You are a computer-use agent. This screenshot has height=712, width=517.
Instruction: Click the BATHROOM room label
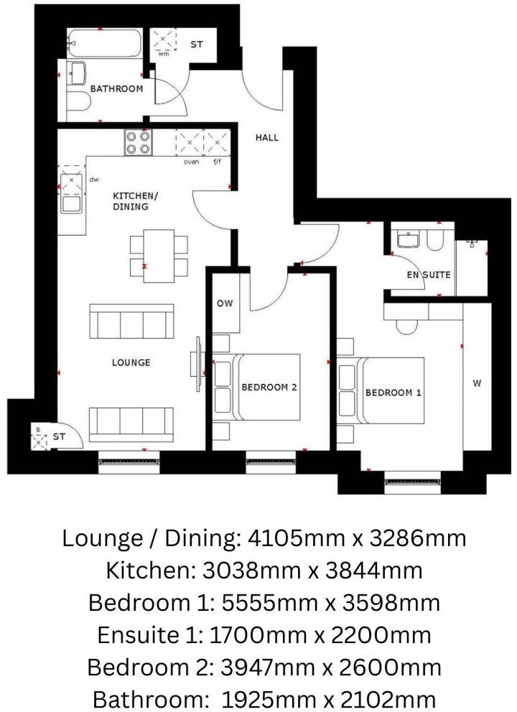pos(116,88)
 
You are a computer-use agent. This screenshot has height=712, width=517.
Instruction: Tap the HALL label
pos(266,137)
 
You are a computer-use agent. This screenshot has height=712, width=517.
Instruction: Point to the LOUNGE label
pos(131,362)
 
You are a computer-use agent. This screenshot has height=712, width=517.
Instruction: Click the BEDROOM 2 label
pos(269,388)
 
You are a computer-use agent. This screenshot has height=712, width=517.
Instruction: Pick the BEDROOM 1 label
pos(393,393)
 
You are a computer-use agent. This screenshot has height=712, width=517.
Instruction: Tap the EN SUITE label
pos(429,275)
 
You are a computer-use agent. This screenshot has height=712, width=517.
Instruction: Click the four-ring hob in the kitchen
pos(138,143)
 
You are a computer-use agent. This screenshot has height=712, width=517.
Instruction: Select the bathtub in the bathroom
pos(104,44)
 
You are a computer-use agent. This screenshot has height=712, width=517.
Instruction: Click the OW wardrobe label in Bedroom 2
pos(225,304)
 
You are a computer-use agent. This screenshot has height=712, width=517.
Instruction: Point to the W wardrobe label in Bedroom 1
pos(477,383)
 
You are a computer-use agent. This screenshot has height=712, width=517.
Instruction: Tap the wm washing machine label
pos(163,54)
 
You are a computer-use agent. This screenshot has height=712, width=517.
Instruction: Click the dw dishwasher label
pos(93,179)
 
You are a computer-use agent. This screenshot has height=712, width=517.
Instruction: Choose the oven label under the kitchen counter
pos(191,161)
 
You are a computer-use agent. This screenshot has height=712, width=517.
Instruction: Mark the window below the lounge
pos(129,462)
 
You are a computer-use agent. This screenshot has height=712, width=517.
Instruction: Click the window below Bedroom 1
pos(412,482)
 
